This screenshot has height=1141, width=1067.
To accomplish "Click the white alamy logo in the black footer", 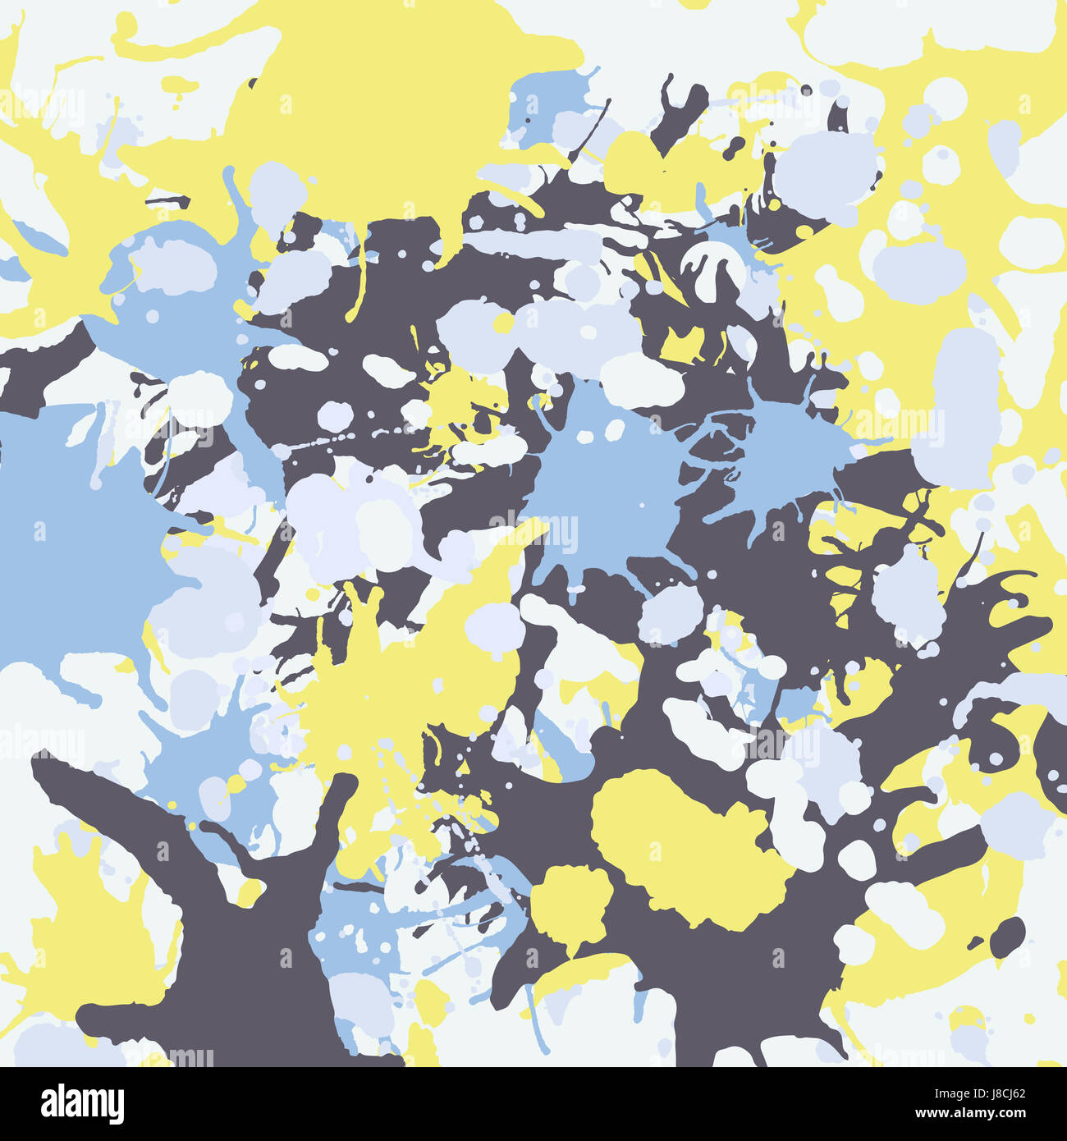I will tap(82, 1103).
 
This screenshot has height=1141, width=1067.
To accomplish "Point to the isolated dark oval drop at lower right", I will tap(1007, 936).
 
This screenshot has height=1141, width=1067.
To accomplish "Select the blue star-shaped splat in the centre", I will tap(607, 484).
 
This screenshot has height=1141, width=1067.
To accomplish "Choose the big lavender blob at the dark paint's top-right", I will tap(825, 168).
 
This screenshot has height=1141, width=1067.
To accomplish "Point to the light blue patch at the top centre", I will tap(546, 103).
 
